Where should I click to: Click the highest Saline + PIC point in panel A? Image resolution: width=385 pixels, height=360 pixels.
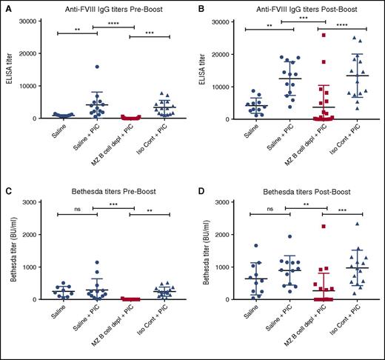96,67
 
